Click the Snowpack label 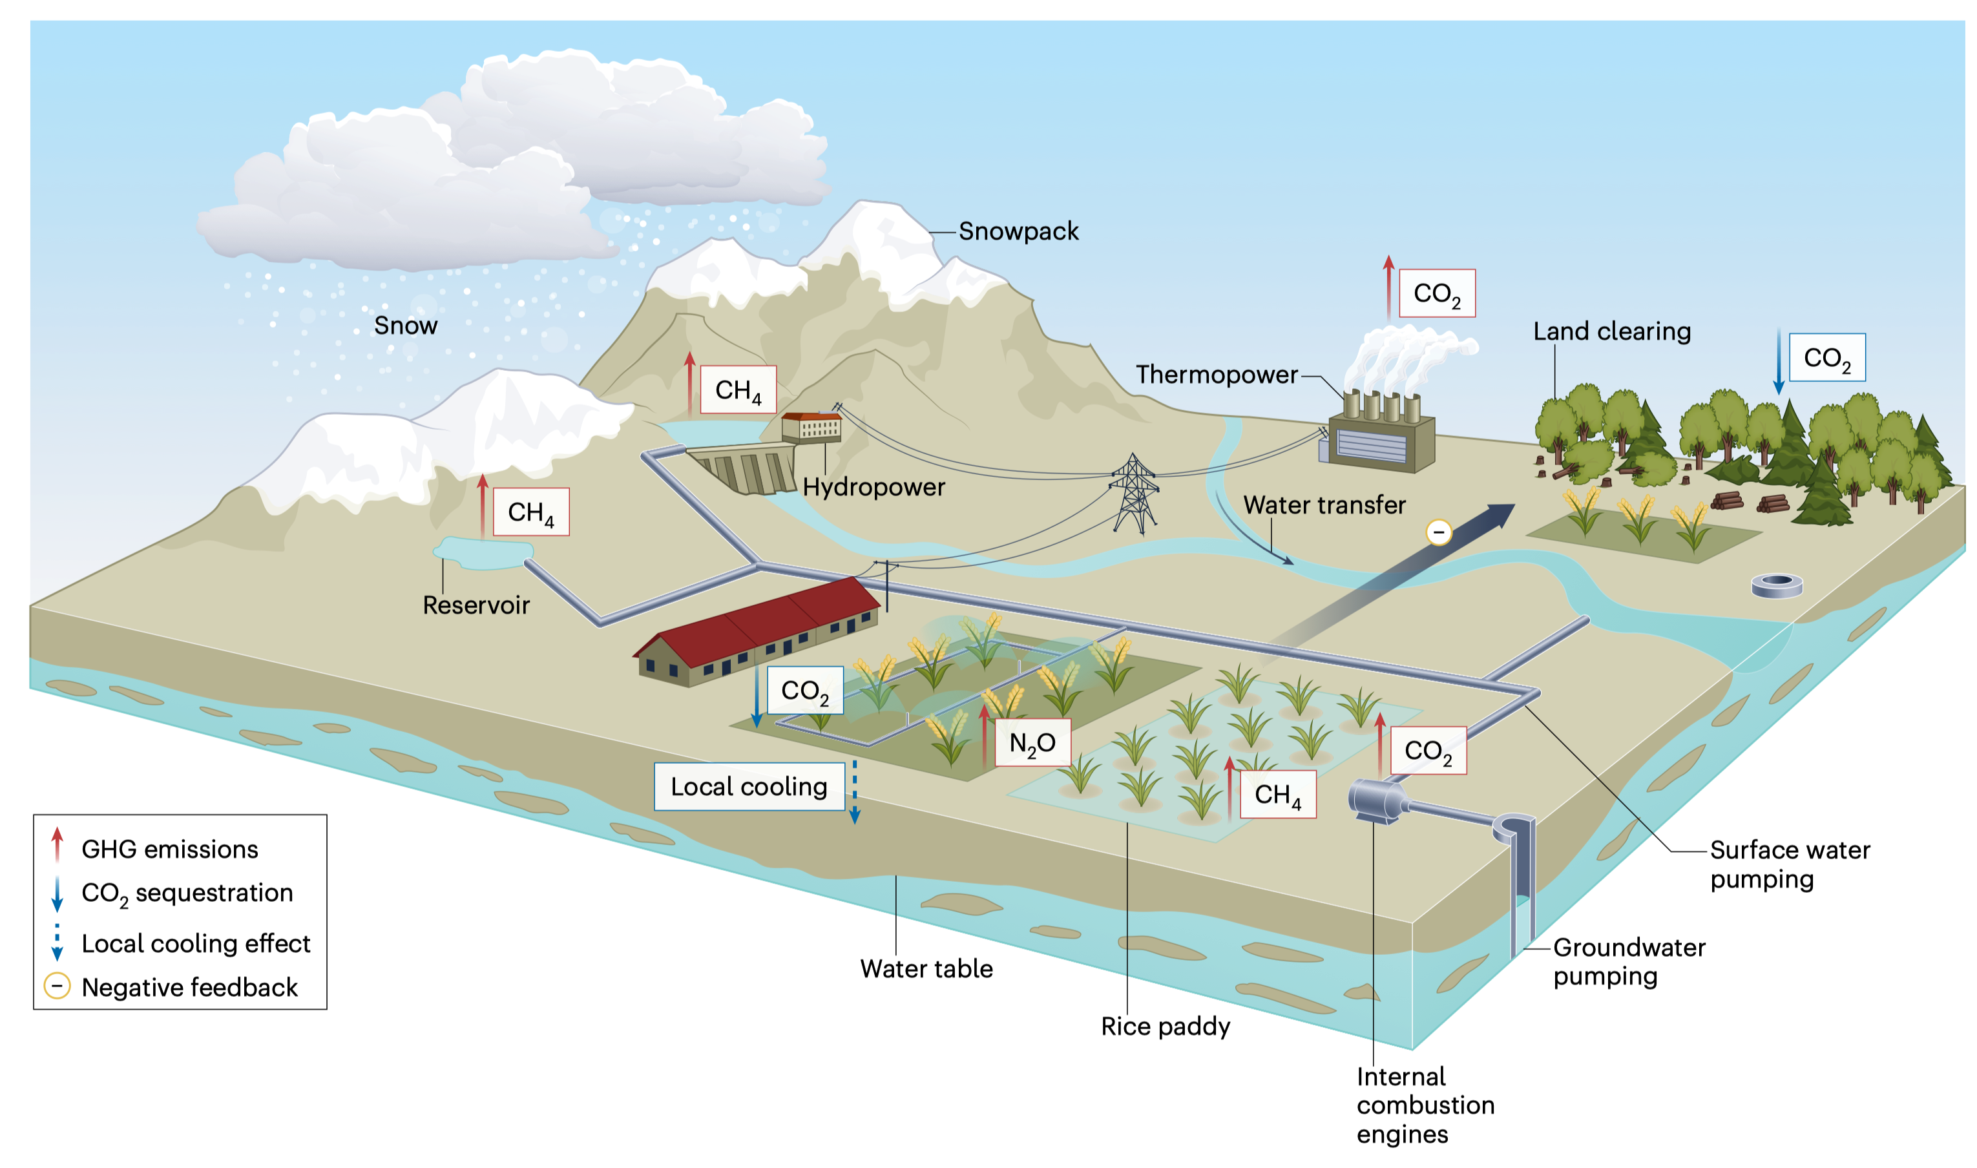(1018, 231)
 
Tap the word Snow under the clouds (405, 326)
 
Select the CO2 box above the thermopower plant (1436, 293)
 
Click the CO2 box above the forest (1826, 358)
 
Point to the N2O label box (1032, 743)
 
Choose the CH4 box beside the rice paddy (1277, 795)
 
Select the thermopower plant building (1379, 441)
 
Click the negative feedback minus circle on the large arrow (1439, 533)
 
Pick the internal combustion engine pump (1377, 801)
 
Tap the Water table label (926, 969)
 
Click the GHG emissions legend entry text (170, 850)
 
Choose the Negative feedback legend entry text (190, 987)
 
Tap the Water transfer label (1324, 505)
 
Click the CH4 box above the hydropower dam (737, 390)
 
